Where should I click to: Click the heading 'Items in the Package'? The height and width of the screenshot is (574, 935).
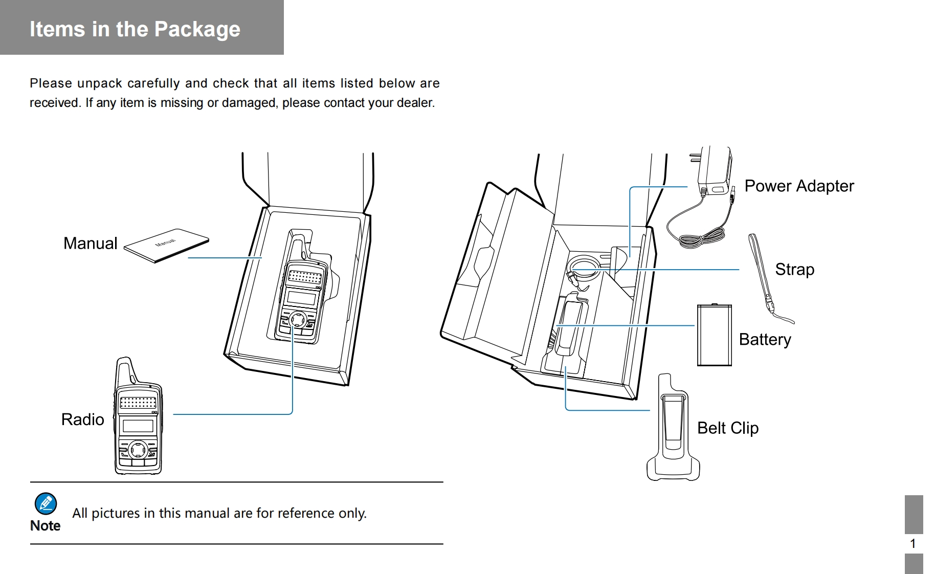135,29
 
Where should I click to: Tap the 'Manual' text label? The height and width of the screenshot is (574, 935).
90,244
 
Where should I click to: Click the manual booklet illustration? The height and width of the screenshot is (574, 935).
166,245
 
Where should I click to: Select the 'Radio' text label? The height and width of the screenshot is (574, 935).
82,420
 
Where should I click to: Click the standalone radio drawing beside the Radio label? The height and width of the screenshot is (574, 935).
138,417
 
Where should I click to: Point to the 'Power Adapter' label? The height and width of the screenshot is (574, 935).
798,186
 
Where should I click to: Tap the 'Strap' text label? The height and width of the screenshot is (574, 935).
794,270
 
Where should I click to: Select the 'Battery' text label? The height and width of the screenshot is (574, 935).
765,340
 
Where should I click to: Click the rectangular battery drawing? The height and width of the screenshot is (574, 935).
714,335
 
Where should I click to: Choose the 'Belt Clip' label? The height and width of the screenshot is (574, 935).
727,428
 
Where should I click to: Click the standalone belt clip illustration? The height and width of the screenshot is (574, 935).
673,430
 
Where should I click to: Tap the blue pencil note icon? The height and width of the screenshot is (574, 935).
46,504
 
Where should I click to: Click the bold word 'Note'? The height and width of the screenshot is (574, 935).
45,526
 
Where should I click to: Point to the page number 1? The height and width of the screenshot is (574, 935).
912,544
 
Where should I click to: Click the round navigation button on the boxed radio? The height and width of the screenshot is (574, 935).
298,320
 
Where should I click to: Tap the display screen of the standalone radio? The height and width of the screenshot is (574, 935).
138,426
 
